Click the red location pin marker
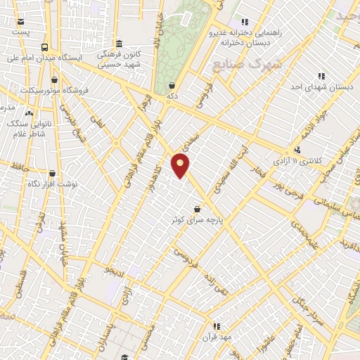181,165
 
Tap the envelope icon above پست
22,21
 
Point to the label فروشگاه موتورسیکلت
49,90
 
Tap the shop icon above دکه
172,85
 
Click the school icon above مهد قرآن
217,326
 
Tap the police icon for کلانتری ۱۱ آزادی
298,149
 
